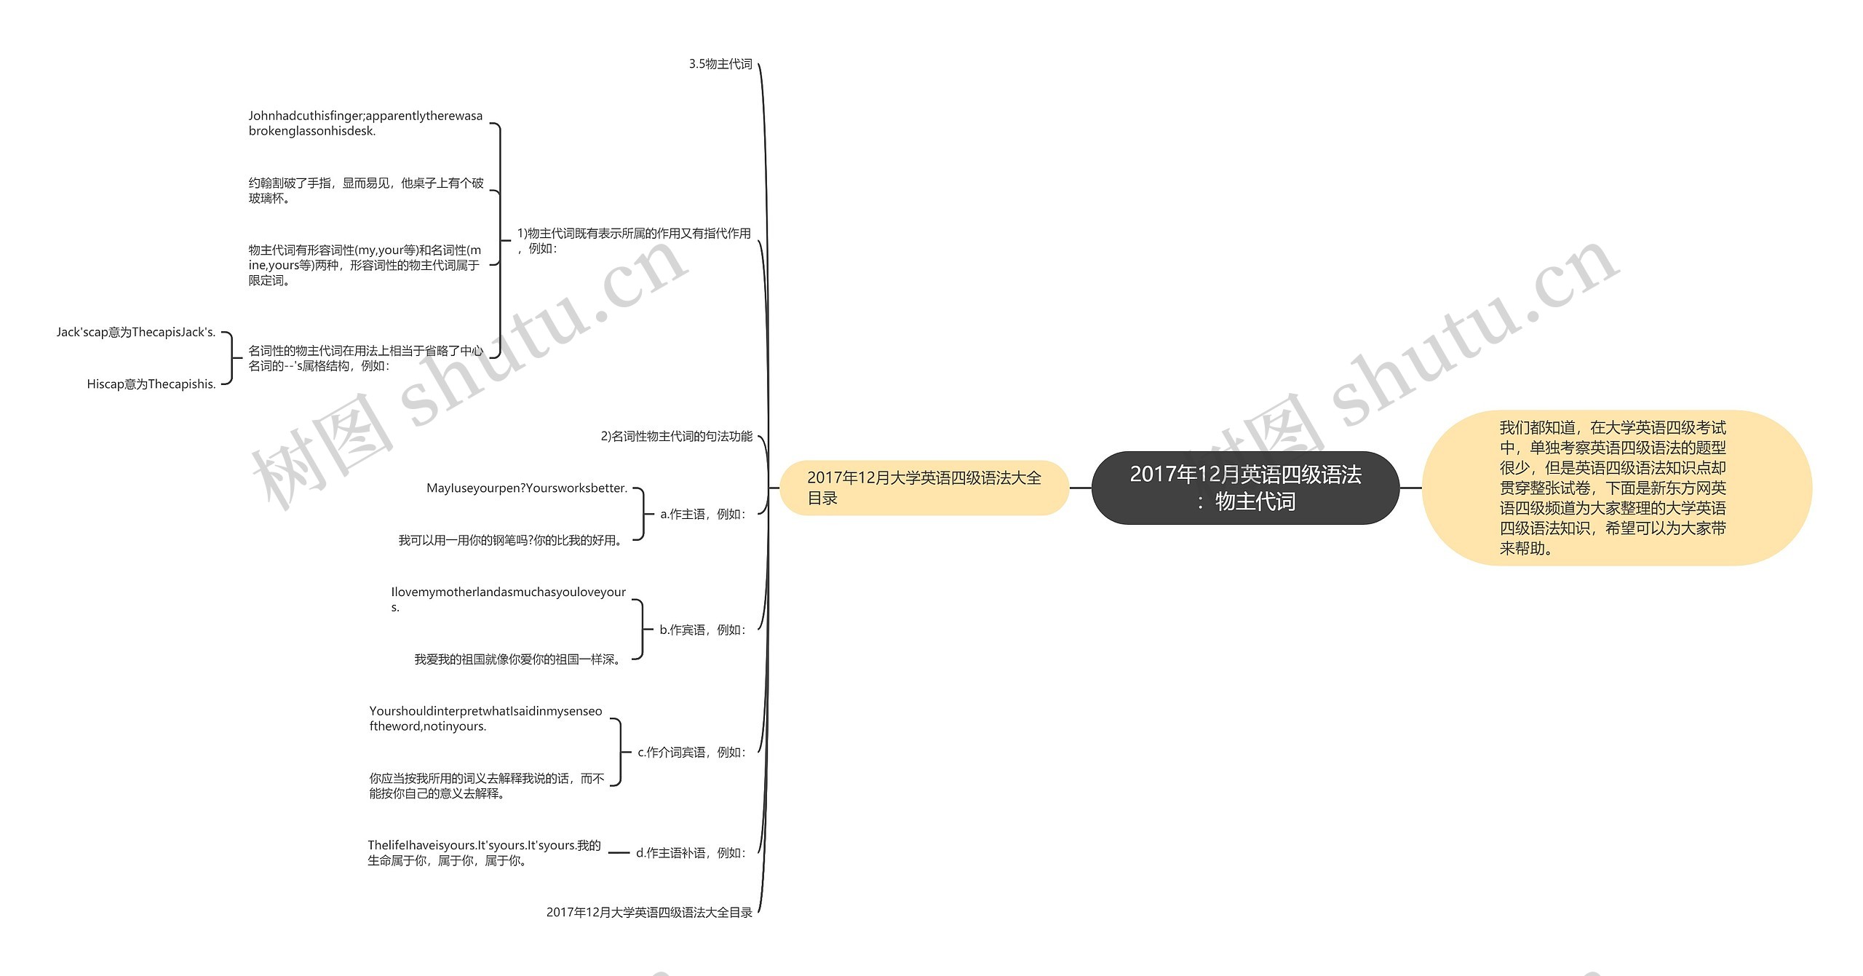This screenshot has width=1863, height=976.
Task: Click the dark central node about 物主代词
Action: (1245, 488)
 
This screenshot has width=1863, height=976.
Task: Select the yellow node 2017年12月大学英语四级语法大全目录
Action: (923, 488)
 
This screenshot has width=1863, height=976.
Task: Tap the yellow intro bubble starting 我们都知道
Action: (1616, 488)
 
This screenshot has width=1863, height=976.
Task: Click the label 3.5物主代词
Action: (720, 64)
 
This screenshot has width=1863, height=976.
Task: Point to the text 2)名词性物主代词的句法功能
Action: (676, 436)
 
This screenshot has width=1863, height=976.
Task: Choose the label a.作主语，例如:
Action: (702, 514)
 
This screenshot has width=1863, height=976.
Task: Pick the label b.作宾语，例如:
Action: (702, 630)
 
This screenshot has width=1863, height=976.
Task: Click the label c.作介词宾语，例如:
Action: (691, 752)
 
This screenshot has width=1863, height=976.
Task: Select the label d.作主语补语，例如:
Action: (691, 852)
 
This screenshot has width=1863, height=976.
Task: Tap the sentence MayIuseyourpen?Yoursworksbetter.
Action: (526, 488)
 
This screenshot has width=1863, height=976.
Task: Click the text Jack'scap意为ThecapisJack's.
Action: (136, 332)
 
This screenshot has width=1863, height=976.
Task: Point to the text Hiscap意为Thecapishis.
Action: (151, 384)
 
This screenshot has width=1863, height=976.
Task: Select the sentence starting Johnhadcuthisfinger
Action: (365, 123)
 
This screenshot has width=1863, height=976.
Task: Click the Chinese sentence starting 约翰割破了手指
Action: (365, 191)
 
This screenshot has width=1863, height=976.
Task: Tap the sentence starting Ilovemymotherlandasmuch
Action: (508, 599)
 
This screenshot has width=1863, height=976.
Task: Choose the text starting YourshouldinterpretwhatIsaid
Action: (485, 718)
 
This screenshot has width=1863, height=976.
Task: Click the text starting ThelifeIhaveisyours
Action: (484, 852)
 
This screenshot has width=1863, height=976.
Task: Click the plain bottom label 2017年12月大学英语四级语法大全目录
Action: (649, 912)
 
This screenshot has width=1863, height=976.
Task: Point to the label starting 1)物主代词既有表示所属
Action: (633, 240)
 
